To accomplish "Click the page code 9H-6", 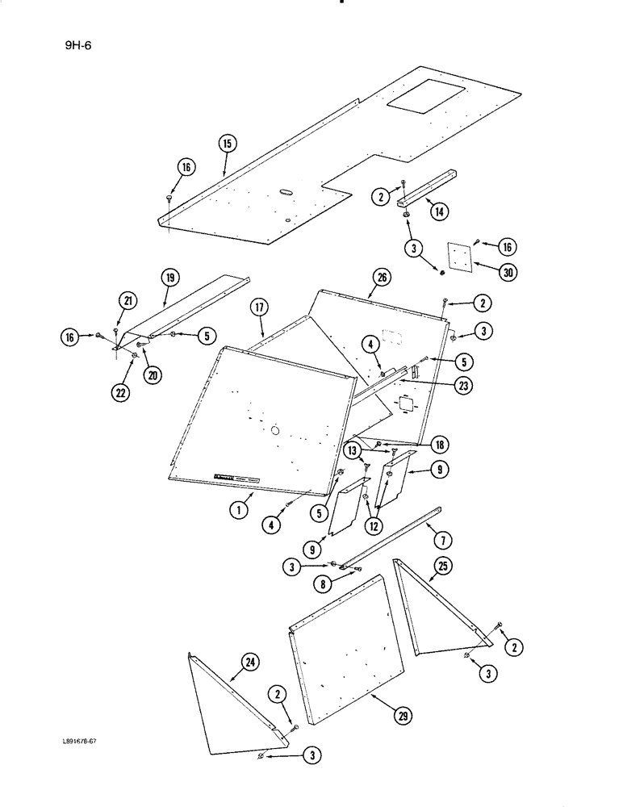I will pyautogui.click(x=79, y=46).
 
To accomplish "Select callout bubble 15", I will pyautogui.click(x=227, y=144).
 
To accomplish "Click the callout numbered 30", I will pyautogui.click(x=508, y=272).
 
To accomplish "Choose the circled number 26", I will pyautogui.click(x=381, y=279).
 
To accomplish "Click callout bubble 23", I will pyautogui.click(x=462, y=386).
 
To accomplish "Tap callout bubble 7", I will pyautogui.click(x=465, y=537).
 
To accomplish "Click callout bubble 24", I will pyautogui.click(x=249, y=664).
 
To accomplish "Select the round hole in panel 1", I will pyautogui.click(x=276, y=431).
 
